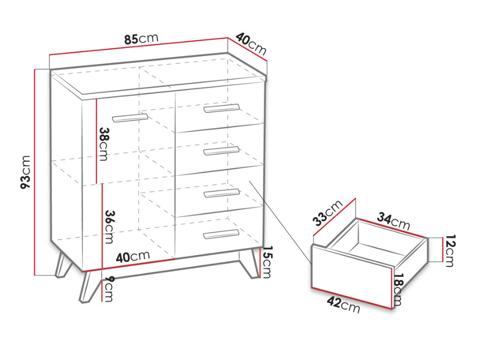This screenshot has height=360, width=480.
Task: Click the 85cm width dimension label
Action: click(142, 39)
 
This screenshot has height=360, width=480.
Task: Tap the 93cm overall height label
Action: click(25, 172)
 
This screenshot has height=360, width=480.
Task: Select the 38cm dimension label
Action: click(104, 144)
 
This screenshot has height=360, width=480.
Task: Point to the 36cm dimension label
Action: click(109, 227)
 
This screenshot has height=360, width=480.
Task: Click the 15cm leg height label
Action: click(267, 262)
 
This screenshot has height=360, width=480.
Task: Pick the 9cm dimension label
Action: click(108, 289)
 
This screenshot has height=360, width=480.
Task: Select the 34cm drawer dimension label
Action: click(393, 221)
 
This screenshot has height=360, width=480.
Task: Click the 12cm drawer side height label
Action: click(450, 251)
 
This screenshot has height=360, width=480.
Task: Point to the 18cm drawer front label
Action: click(397, 290)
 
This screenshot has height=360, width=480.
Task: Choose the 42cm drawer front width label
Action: click(343, 305)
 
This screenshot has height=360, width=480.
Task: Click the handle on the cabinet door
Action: click(130, 118)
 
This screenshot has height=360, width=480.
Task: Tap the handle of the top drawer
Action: click(221, 108)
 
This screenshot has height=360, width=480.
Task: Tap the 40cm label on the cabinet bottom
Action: click(133, 256)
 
